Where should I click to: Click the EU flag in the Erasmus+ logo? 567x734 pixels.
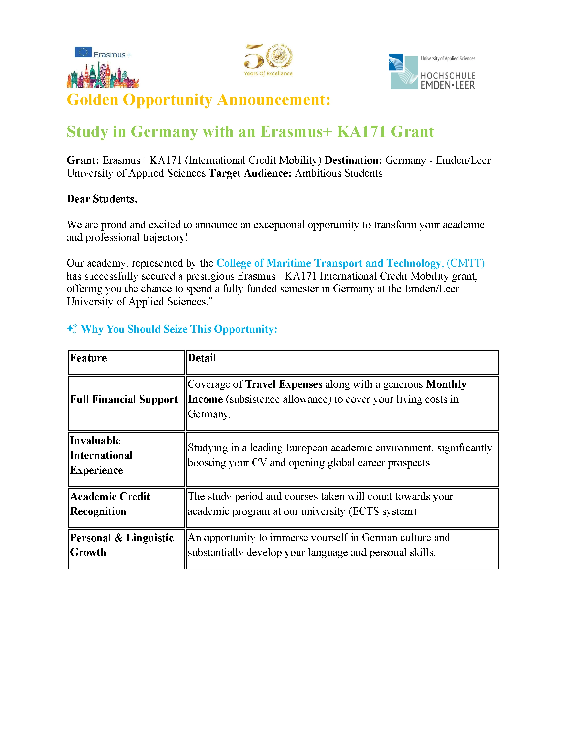tap(83, 52)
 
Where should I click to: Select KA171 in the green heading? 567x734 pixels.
tap(361, 131)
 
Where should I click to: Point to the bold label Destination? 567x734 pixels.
tap(353, 160)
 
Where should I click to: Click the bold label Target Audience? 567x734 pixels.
tap(250, 173)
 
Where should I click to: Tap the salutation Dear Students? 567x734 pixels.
tap(102, 199)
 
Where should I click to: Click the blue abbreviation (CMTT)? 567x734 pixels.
tap(466, 263)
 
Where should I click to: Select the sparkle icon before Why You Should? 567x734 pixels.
tap(72, 329)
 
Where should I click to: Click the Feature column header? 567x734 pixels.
tap(88, 358)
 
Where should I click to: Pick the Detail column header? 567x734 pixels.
tap(202, 358)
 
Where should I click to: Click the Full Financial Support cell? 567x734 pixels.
tap(124, 399)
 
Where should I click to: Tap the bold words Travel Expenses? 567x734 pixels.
tap(284, 384)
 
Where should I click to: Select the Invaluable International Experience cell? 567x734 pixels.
tap(101, 455)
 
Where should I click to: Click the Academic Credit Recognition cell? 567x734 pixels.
tap(110, 504)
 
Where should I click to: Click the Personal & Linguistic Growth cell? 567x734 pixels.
tap(121, 545)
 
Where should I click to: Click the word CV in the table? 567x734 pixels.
tap(259, 463)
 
